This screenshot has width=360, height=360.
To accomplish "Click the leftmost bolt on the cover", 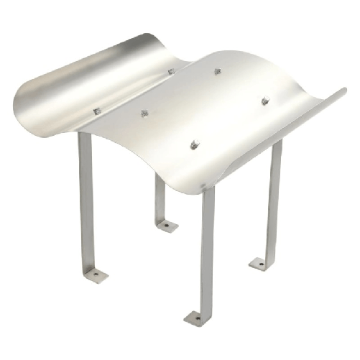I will pos(97,111).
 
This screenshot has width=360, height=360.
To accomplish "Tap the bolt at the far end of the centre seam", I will pos(171,71).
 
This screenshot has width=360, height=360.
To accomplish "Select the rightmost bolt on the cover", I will pos(264,101).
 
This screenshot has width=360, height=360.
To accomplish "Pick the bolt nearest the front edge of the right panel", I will pos(193,146).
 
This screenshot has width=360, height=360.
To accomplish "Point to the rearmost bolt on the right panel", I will pos(217,71).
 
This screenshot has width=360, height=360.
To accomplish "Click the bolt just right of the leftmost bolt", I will pos(144,114).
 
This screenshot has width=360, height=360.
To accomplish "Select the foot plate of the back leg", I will pos(167,226).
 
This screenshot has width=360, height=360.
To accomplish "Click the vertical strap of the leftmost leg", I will pos(86,201).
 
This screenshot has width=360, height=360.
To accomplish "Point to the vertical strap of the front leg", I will pos(208,251).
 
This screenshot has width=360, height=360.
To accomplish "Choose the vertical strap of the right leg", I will pos(274,201).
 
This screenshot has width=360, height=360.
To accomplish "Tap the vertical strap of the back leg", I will pos(160,198).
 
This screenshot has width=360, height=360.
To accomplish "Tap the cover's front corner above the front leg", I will pos(205,185).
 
